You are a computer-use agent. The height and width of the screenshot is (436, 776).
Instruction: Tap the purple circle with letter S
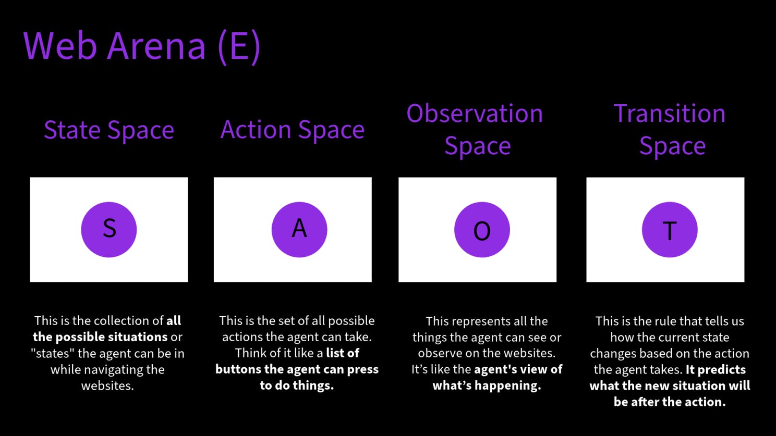click(x=109, y=229)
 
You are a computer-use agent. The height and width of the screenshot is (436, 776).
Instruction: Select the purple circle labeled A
click(x=299, y=229)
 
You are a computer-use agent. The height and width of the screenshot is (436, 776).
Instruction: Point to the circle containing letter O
click(x=482, y=229)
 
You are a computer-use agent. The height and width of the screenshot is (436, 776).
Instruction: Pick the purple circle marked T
click(x=670, y=229)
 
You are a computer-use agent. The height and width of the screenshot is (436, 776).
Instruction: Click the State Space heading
click(x=109, y=130)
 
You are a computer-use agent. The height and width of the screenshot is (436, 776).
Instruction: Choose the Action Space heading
click(x=293, y=130)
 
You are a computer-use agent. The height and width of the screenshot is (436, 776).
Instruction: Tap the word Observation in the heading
click(x=475, y=114)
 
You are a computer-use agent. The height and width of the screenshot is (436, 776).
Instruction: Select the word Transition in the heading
click(x=670, y=114)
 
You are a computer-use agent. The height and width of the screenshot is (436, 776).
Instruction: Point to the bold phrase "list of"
click(x=343, y=353)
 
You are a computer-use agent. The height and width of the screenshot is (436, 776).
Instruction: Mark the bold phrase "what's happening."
click(x=487, y=385)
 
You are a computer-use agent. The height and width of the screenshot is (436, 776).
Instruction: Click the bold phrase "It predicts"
click(x=716, y=369)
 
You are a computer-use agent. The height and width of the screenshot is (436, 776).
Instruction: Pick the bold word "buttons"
click(x=238, y=369)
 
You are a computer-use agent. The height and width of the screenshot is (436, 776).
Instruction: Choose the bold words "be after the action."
click(x=670, y=402)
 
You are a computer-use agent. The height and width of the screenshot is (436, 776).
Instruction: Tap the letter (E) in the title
click(x=239, y=47)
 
